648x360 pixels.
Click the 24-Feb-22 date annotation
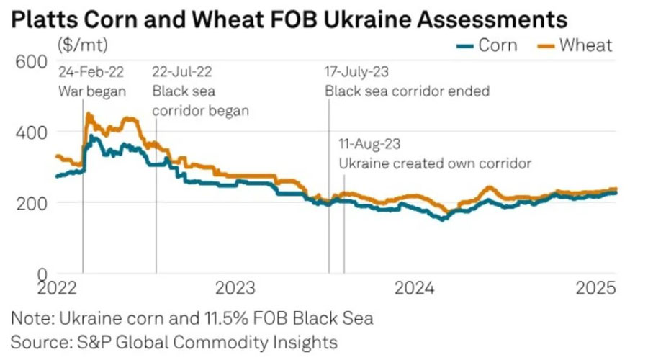coord(91,72)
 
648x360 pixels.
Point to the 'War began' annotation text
coord(92,91)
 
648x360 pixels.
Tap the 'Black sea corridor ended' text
coord(407,91)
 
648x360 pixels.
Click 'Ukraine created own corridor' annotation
coord(435,163)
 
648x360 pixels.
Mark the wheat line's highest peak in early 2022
coord(89,114)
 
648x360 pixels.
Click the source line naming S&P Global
coord(175,341)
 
